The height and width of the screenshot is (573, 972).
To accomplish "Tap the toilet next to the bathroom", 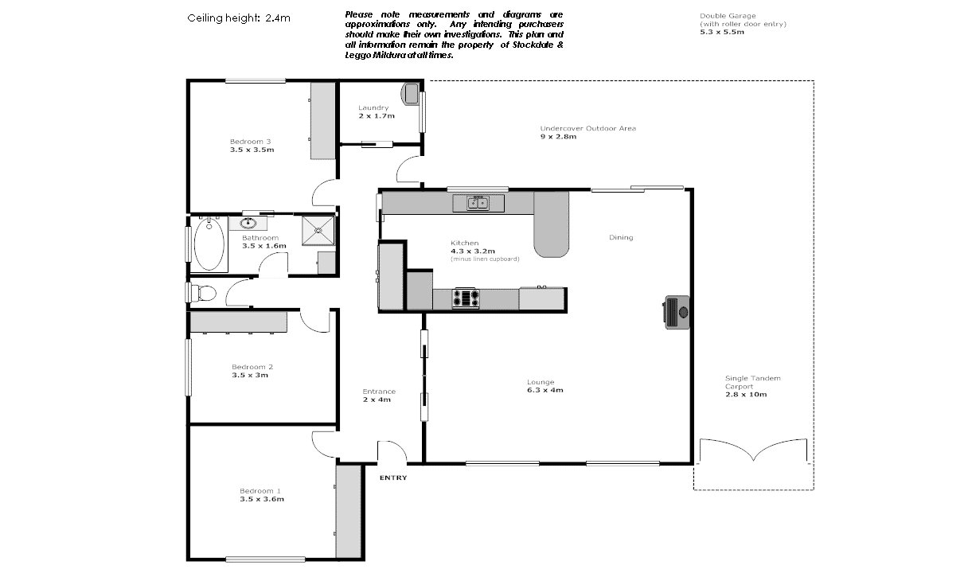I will point(204,293).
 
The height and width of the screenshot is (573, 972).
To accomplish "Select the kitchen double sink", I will point(478,204).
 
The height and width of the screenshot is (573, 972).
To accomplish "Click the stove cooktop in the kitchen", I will point(466,298).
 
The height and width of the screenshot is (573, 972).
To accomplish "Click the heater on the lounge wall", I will point(677,311).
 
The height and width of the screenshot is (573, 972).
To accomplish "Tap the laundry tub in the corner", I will point(411,93).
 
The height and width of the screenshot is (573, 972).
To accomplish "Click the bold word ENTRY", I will point(393,477).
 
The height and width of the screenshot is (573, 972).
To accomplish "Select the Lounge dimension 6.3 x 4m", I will point(545,390).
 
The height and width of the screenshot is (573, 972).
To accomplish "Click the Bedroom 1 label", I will point(260,490).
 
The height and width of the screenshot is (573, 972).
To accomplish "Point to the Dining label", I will point(621,237).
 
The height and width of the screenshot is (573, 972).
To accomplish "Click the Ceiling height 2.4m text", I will point(233,17).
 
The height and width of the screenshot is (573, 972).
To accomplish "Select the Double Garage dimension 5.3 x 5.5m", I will point(722,33).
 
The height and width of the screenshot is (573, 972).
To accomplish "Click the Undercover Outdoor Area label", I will point(587,128).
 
